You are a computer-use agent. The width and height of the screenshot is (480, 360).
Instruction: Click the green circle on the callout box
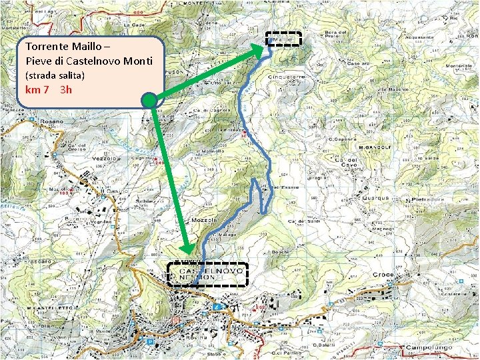150,101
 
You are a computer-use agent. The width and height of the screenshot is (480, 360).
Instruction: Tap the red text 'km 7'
37,89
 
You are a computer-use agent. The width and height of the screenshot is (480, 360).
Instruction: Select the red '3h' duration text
65,89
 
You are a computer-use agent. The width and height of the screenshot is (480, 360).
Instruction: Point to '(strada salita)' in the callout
55,75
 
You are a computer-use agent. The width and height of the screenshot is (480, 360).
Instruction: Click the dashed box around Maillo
284,40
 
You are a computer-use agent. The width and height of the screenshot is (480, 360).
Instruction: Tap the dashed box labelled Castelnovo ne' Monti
207,274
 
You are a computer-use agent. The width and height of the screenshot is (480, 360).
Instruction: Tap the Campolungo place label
429,347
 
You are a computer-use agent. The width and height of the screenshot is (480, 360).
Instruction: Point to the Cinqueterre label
285,77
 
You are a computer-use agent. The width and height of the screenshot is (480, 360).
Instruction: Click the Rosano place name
51,121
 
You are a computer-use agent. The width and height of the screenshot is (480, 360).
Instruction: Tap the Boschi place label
280,251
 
